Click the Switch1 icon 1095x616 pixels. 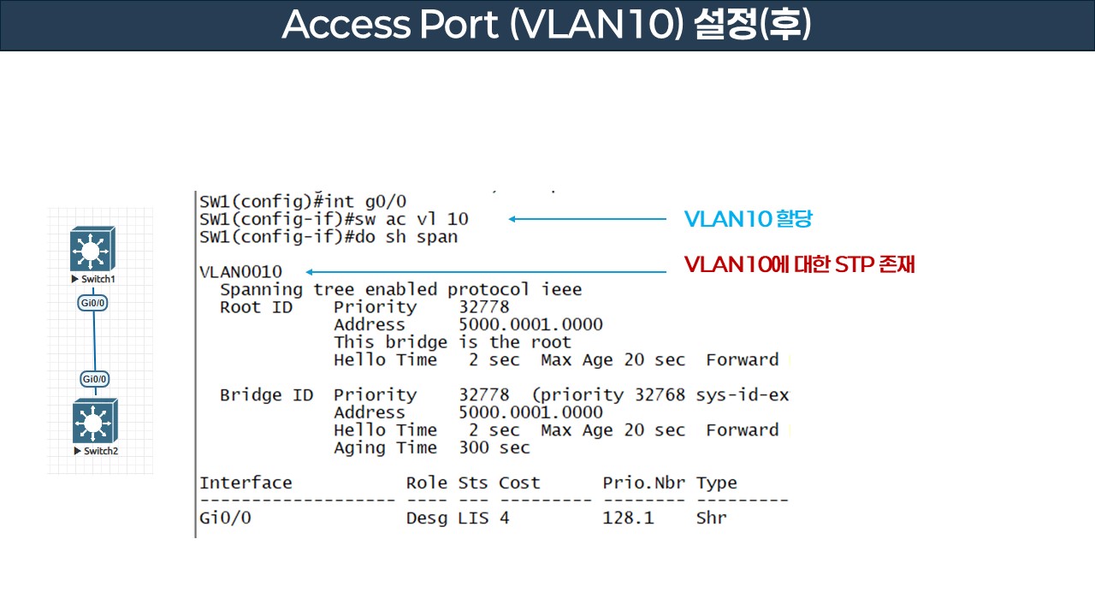(x=93, y=249)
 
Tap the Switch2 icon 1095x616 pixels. (x=95, y=420)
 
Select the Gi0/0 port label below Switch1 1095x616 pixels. (x=94, y=303)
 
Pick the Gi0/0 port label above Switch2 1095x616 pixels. (x=94, y=379)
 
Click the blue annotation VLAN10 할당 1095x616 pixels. (x=748, y=219)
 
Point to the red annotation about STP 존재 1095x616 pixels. (x=800, y=265)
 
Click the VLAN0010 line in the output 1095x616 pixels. (x=240, y=272)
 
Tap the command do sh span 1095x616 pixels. (x=422, y=237)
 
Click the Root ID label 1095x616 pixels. (x=256, y=307)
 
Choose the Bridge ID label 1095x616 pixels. (x=266, y=395)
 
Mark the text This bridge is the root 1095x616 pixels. (x=452, y=342)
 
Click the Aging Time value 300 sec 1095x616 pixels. (x=494, y=447)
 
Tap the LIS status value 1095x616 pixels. (x=473, y=518)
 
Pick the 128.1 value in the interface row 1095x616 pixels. (x=628, y=518)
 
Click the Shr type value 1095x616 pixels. (x=711, y=518)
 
